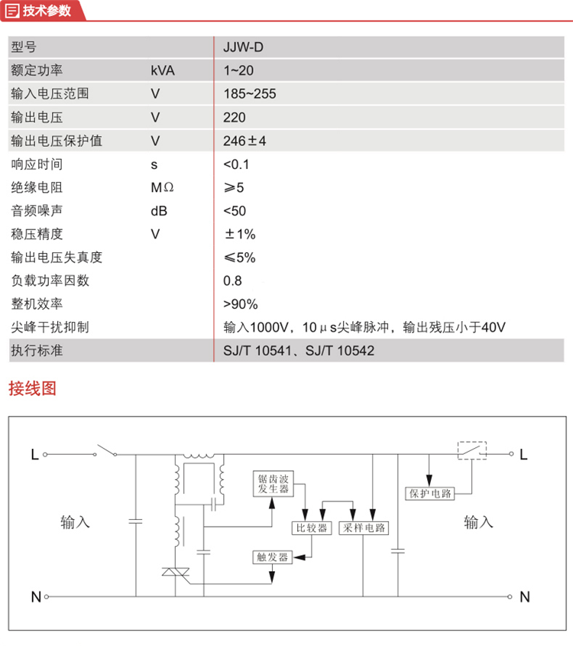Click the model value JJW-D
point(243,47)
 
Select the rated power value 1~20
point(238,70)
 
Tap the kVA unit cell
point(163,70)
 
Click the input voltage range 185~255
point(249,94)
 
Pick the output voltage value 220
point(235,117)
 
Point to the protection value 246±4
point(244,141)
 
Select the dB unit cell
point(160,211)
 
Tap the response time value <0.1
point(237,164)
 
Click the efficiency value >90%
point(241,304)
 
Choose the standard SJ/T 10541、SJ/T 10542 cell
point(299,351)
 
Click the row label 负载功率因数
point(50,281)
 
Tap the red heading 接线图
point(32,388)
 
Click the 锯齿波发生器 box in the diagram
point(273,483)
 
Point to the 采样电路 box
point(364,528)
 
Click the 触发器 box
point(273,557)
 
